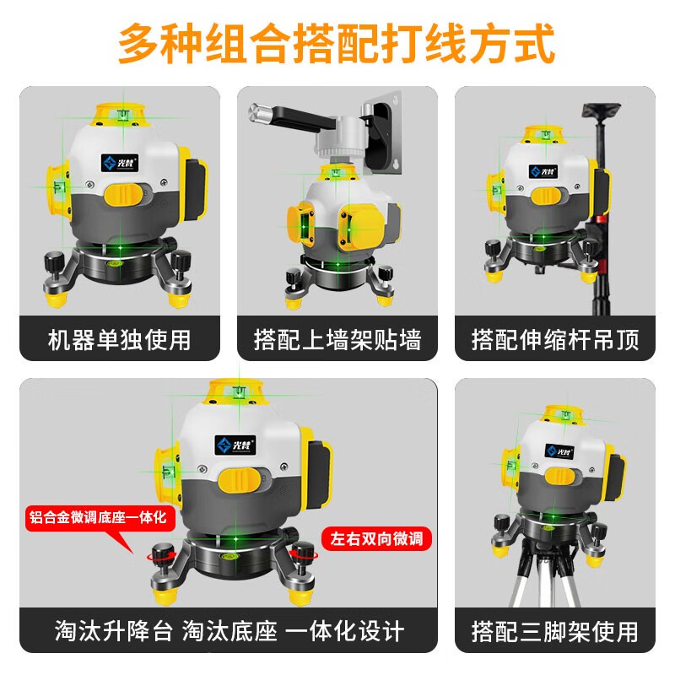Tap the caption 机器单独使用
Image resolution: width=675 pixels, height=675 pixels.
[119, 339]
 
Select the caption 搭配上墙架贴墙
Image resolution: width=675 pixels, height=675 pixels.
[337, 339]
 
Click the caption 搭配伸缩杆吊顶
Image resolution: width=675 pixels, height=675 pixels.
[555, 339]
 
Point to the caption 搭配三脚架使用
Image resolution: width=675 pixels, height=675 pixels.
[555, 629]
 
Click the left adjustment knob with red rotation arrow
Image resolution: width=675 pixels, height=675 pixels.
[159, 556]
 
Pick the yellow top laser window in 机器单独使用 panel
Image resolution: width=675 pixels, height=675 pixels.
[120, 112]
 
